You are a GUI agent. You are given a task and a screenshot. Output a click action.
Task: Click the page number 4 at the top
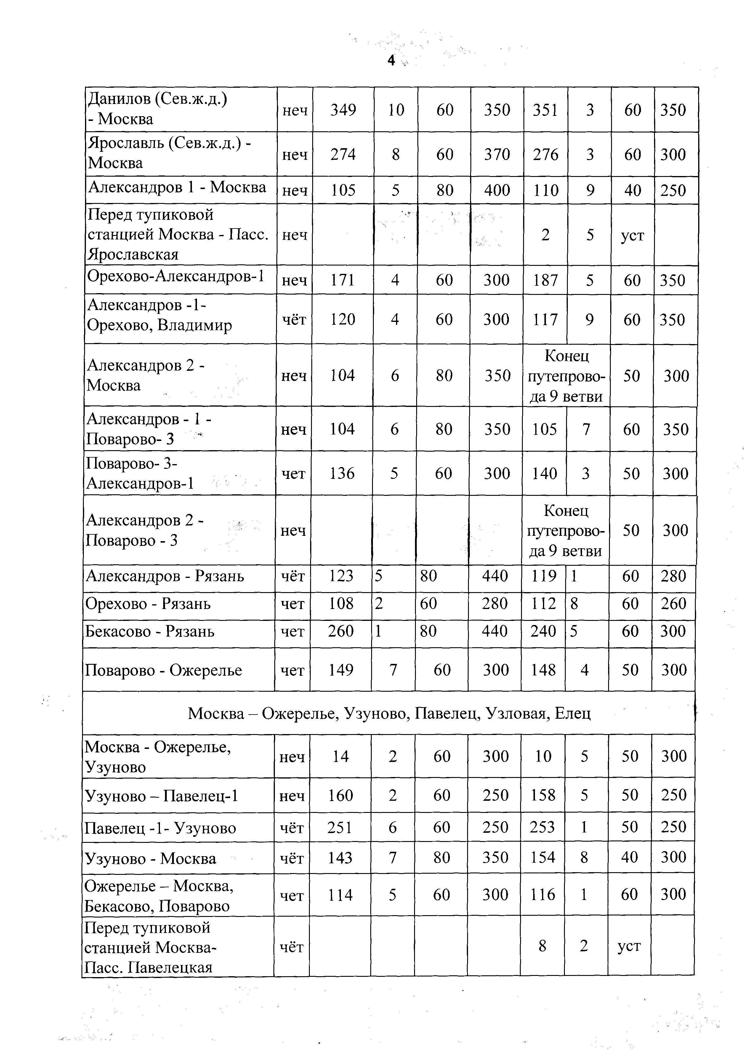pos(391,60)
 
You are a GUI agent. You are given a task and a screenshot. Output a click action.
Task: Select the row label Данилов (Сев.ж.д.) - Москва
pos(157,109)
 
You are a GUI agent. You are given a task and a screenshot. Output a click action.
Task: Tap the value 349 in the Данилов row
pos(343,110)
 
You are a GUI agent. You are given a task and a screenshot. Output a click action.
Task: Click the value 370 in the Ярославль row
pos(497,154)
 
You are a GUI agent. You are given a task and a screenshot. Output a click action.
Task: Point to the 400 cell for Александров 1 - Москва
pos(497,190)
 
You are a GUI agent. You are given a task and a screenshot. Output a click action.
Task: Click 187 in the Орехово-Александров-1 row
pos(545,280)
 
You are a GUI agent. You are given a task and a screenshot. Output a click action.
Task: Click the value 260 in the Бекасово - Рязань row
pos(341,631)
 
